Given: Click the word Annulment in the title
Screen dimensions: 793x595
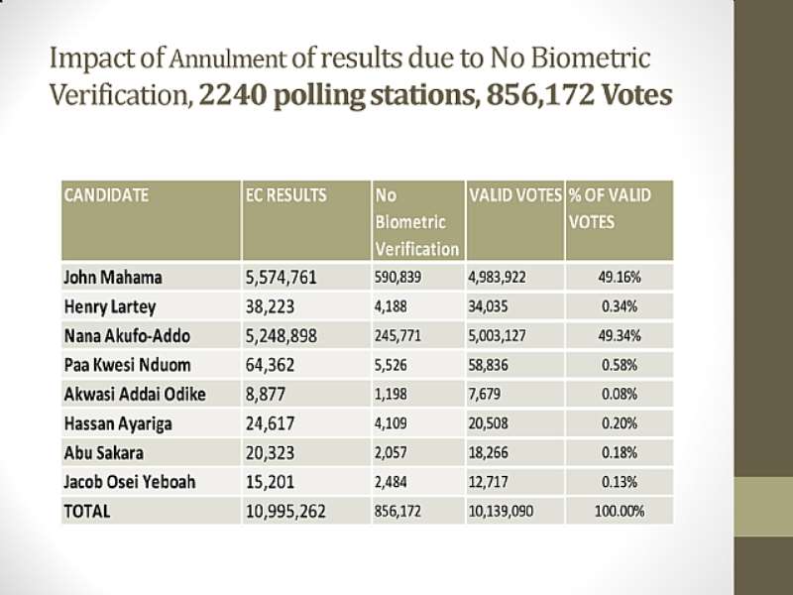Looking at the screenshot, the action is (x=227, y=59).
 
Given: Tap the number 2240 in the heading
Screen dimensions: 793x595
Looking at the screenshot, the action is (x=232, y=94).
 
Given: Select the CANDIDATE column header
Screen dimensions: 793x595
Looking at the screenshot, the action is (x=106, y=195).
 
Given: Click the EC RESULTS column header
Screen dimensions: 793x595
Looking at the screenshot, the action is (x=286, y=195).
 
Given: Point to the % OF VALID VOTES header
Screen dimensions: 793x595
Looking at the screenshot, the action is (x=610, y=208).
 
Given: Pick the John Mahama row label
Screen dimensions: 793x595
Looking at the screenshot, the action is (x=113, y=278).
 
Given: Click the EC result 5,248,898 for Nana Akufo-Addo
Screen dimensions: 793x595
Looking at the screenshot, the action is (x=282, y=336).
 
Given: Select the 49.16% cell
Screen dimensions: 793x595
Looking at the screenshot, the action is (x=620, y=278).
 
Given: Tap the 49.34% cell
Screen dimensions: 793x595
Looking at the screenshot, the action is (x=620, y=335).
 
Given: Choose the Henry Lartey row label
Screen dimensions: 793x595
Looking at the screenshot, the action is (x=110, y=307).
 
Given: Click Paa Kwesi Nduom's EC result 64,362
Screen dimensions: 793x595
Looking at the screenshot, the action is (x=270, y=365).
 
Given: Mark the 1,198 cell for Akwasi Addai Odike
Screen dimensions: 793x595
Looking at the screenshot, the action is (x=391, y=394).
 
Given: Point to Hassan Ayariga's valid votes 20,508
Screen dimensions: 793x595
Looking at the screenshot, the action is (x=488, y=423).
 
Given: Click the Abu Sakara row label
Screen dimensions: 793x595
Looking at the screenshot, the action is (x=104, y=453).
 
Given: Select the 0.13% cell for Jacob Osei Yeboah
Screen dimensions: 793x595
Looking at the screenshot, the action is (x=620, y=482).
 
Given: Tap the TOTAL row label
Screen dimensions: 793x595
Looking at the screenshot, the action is (x=87, y=512).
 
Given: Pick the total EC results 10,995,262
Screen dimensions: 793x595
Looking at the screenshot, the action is (x=285, y=512).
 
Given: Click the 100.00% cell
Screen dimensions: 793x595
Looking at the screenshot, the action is (x=620, y=511).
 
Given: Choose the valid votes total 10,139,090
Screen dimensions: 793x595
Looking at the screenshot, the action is (x=501, y=511).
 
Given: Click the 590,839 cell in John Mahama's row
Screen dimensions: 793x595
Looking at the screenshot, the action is (x=398, y=278).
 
